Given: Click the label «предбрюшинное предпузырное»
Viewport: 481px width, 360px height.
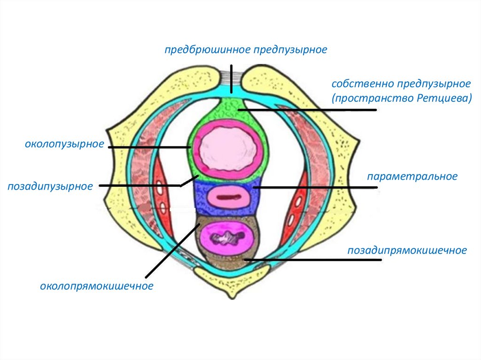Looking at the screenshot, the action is click(x=245, y=50).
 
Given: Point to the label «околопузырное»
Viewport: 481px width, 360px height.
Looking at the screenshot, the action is click(x=64, y=144).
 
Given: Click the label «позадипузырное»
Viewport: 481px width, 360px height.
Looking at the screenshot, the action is click(x=50, y=186).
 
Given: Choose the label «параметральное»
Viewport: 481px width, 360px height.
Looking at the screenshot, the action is click(x=412, y=176).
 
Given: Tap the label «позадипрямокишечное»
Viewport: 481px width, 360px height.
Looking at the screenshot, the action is click(x=407, y=250).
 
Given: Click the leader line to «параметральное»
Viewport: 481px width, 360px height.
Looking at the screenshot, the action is click(x=319, y=187).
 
